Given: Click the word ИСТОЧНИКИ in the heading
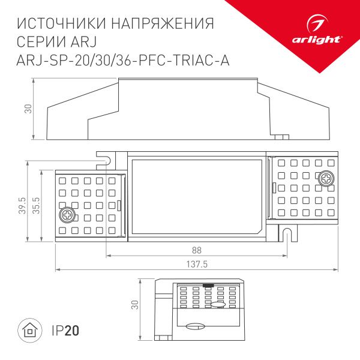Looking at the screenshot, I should coord(57,25).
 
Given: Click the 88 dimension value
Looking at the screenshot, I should coord(197,249).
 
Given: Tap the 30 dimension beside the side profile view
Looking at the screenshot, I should coord(27,108).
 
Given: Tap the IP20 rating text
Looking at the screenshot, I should coord(64,330).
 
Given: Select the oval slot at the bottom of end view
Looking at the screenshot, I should coord(195,326).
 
